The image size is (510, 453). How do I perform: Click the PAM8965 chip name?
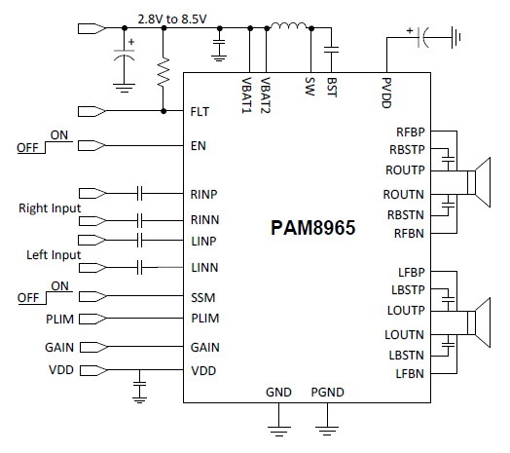coord(312,227)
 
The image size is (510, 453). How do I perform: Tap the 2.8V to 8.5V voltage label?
coord(172,19)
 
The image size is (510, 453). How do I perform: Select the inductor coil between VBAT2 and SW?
coord(288,25)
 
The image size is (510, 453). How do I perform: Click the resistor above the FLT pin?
coord(164,72)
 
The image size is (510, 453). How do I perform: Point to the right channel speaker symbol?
coord(479,182)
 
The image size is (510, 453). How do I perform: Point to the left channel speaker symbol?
coord(479,322)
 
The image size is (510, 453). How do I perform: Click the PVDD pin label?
coord(386,93)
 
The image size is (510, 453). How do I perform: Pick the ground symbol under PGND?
coord(327,431)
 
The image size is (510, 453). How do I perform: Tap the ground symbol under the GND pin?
coord(278,431)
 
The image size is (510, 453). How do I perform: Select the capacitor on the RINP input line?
coord(139,194)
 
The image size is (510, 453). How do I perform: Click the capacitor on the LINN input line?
coord(139,268)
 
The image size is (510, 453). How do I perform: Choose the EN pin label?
coord(199,145)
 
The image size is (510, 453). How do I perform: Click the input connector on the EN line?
coord(91,145)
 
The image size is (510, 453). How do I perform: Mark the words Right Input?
coord(50,208)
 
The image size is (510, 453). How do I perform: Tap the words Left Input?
coord(54,254)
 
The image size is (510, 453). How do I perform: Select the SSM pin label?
coord(203,297)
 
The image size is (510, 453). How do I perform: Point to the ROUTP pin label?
coord(405,170)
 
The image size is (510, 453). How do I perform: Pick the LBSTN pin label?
coord(406,355)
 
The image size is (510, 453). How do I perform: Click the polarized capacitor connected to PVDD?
coord(422,37)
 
